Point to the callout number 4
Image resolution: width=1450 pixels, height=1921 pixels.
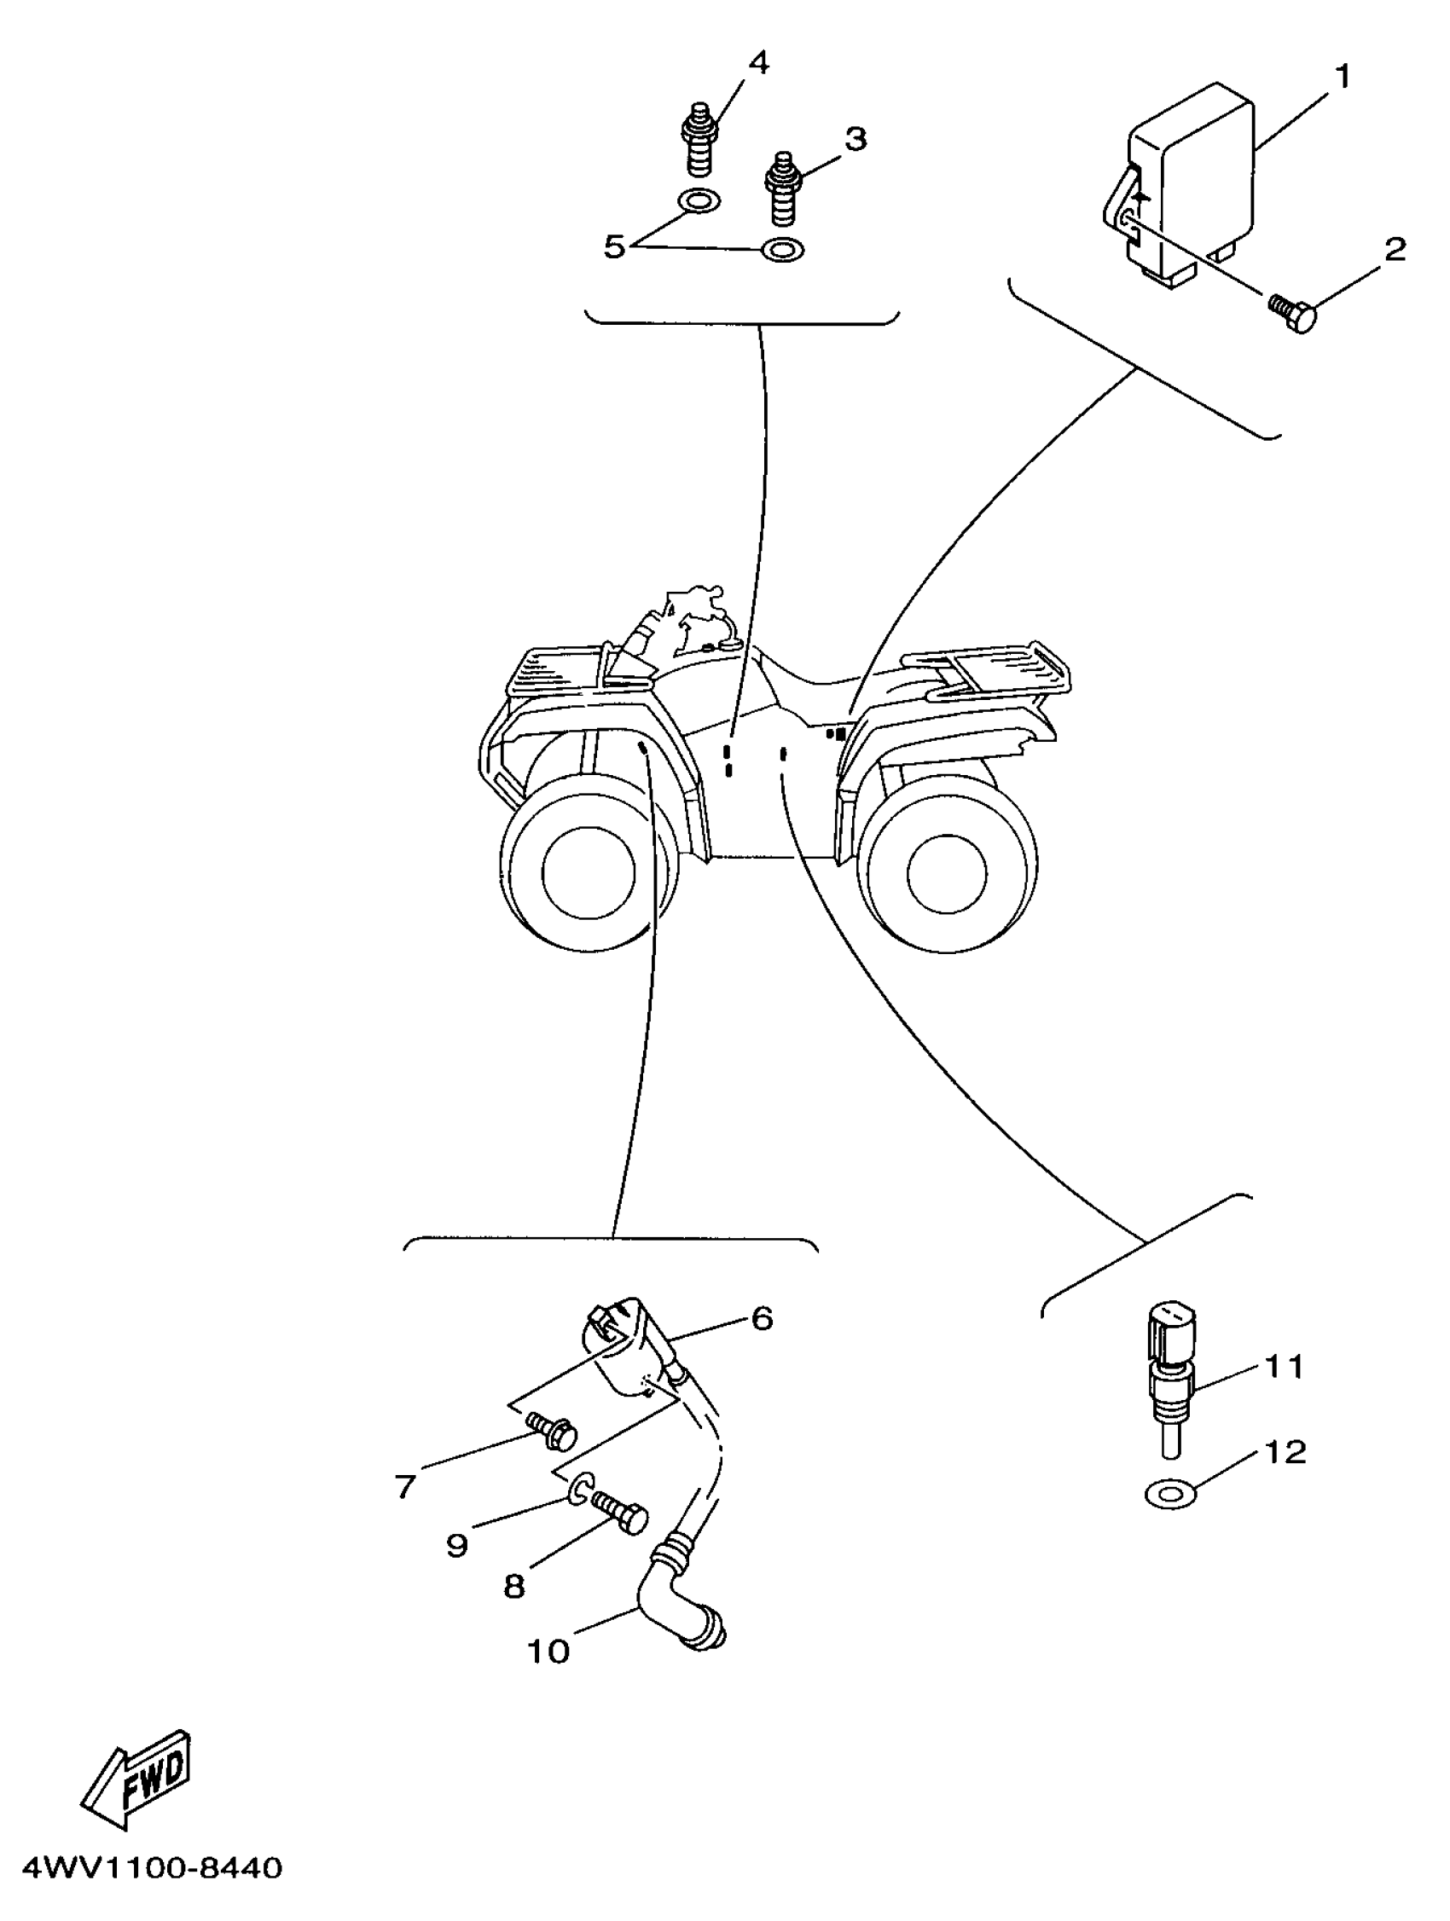click(x=758, y=63)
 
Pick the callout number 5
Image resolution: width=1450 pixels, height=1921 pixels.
click(x=614, y=246)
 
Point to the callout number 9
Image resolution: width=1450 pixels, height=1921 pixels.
click(x=457, y=1545)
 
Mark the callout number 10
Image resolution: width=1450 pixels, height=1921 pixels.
click(x=548, y=1651)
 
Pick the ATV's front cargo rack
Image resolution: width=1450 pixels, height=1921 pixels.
click(x=556, y=673)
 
